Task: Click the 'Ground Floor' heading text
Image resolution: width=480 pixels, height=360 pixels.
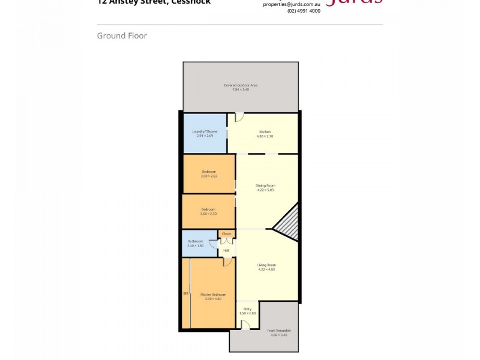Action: (122, 36)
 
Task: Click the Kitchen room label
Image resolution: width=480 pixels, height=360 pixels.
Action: (265, 131)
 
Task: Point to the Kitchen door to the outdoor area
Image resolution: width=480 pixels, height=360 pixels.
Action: (239, 116)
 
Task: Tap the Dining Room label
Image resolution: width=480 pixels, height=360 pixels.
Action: (265, 186)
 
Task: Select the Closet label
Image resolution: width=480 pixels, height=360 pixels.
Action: (227, 233)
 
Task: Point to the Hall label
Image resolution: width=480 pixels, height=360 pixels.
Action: (226, 250)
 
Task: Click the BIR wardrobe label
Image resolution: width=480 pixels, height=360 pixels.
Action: (186, 293)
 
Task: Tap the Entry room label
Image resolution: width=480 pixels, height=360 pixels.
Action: (247, 310)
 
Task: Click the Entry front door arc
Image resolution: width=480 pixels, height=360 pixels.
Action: (245, 325)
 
